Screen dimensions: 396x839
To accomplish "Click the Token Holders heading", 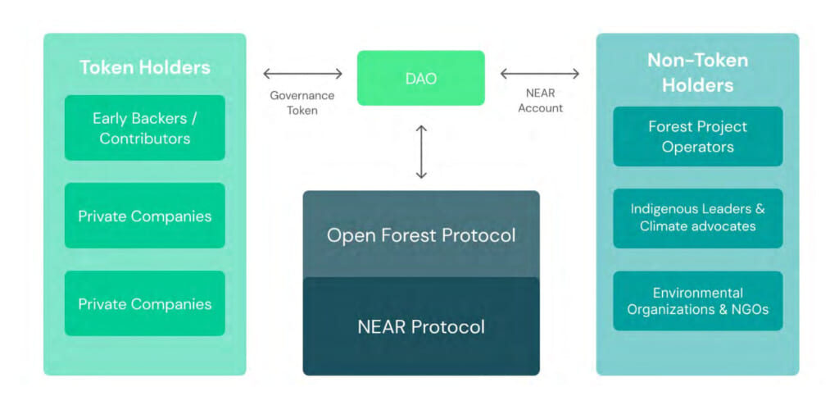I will tap(144, 67).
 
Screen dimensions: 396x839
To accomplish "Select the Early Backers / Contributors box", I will tap(144, 128).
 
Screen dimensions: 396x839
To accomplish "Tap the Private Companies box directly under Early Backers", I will tap(144, 216).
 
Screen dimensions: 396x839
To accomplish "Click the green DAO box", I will tap(420, 78).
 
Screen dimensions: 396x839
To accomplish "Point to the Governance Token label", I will tap(302, 102).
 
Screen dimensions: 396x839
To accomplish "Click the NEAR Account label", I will tap(540, 102).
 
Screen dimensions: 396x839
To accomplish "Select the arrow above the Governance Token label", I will tap(302, 74).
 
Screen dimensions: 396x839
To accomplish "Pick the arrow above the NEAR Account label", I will tap(540, 74).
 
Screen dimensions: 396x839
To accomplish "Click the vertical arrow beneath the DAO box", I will tap(421, 152).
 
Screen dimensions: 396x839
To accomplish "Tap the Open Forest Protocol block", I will tap(421, 234).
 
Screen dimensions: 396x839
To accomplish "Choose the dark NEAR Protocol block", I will tap(421, 326).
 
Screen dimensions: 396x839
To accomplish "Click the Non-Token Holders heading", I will tap(697, 72).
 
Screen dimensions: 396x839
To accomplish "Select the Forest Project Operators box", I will tap(697, 137).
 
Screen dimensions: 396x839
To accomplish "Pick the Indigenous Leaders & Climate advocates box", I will tap(697, 218).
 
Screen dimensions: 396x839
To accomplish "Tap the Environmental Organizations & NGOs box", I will tap(697, 301).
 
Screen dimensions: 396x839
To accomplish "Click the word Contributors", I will tap(144, 139).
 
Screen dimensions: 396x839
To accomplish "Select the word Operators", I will tap(697, 148).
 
